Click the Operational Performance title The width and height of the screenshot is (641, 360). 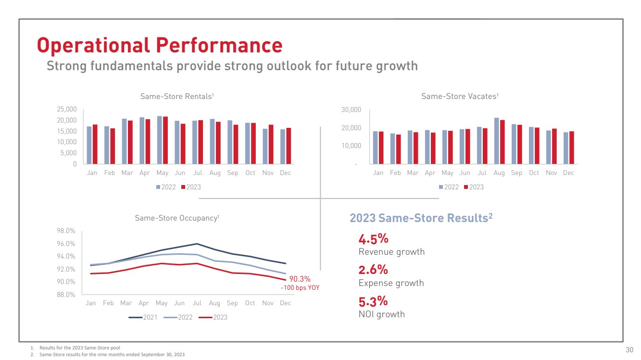click(x=160, y=45)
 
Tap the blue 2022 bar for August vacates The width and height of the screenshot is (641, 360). click(x=497, y=140)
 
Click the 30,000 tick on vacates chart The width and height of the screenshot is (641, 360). click(x=351, y=110)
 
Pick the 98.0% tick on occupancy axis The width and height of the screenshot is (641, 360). click(x=66, y=231)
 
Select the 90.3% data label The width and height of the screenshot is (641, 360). click(x=300, y=279)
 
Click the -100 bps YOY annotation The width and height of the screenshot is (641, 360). click(x=300, y=288)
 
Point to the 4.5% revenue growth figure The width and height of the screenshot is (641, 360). click(x=373, y=239)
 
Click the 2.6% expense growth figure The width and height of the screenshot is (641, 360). click(x=373, y=270)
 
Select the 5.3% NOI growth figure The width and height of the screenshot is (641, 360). click(x=373, y=301)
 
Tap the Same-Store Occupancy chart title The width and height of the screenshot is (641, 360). click(x=177, y=218)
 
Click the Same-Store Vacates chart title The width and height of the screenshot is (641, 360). click(x=460, y=97)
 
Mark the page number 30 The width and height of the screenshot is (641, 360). click(x=629, y=349)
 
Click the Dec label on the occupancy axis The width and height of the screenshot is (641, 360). click(x=285, y=303)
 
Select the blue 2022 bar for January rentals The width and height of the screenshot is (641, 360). click(x=89, y=145)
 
